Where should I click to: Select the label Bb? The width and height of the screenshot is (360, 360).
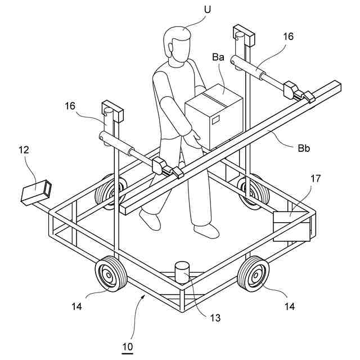pos(304,149)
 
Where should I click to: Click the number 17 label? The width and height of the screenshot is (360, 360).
pos(316,179)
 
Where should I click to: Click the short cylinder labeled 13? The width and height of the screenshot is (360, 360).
pos(182,273)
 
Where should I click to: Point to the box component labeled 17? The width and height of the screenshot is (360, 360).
pos(291,225)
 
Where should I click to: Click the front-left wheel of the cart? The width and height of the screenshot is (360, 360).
pos(107,274)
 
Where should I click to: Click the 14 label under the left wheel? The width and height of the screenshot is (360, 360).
pos(77,307)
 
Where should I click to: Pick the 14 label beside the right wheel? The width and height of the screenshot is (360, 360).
pos(289,307)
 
